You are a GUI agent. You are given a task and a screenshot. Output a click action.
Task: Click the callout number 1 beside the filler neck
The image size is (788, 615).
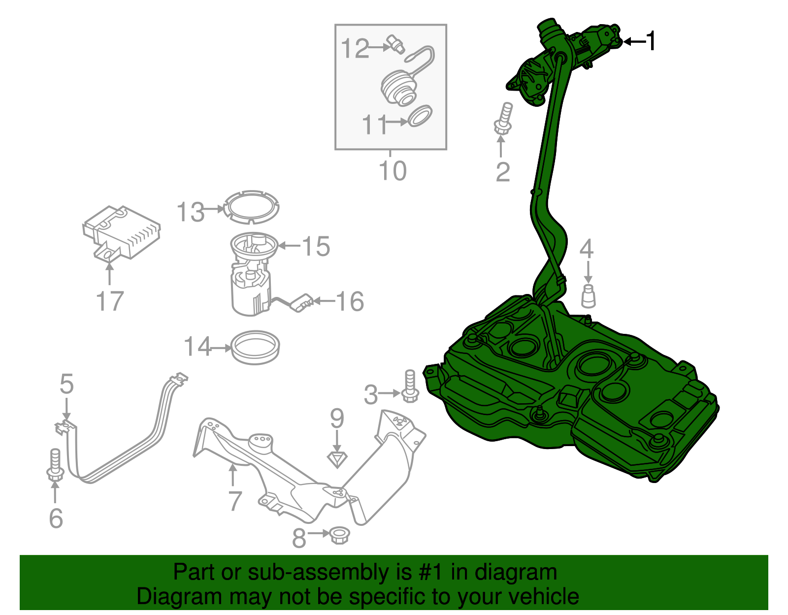coord(651,41)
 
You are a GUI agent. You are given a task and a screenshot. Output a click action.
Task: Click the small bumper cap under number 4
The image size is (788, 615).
coord(588,296)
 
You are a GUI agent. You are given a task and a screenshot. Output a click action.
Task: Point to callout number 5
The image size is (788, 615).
coord(66,384)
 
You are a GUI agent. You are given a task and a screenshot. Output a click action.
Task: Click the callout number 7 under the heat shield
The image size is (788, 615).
coord(235,501)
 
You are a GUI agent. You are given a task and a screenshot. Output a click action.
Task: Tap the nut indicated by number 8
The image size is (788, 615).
coord(338,535)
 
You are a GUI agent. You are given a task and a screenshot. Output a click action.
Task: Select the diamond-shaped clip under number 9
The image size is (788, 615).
coord(337,459)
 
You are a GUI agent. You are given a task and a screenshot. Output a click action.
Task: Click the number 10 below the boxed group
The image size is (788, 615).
coord(393,171)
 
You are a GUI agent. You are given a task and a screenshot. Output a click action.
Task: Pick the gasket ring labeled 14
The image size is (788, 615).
coord(255,348)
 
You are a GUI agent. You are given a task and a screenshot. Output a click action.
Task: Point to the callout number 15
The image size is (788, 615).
coord(315,246)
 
